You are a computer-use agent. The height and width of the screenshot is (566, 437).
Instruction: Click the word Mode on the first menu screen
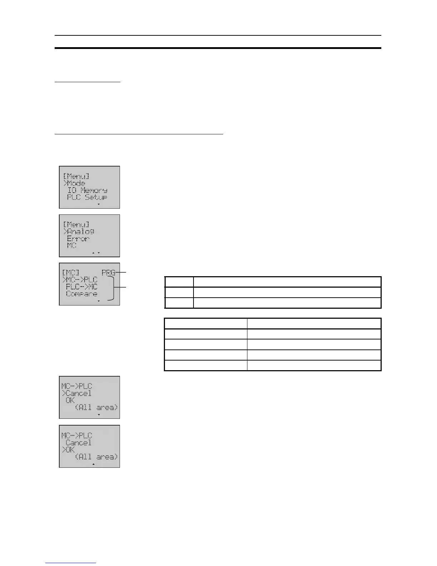pyautogui.click(x=76, y=183)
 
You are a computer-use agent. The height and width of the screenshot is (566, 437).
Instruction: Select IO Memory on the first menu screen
pyautogui.click(x=87, y=190)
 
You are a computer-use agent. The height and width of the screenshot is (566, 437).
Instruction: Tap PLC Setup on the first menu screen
pyautogui.click(x=87, y=197)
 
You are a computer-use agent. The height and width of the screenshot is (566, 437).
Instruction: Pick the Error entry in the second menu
pyautogui.click(x=78, y=239)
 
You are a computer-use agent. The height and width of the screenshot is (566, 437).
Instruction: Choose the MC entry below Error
pyautogui.click(x=71, y=246)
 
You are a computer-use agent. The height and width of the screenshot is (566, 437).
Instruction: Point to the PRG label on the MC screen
pyautogui.click(x=108, y=273)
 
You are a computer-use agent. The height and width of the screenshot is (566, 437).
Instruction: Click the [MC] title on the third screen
pyautogui.click(x=70, y=273)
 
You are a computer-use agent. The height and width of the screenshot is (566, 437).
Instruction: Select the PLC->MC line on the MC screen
pyautogui.click(x=81, y=287)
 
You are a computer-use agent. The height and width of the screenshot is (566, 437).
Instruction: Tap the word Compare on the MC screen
pyautogui.click(x=81, y=294)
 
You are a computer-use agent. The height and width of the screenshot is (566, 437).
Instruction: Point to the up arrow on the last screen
pyautogui.click(x=93, y=464)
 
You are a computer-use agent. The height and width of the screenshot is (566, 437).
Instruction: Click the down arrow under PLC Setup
pyautogui.click(x=99, y=204)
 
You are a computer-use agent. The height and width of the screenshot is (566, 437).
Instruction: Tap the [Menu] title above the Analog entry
pyautogui.click(x=76, y=225)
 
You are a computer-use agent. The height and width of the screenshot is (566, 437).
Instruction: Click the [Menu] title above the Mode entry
pyautogui.click(x=76, y=176)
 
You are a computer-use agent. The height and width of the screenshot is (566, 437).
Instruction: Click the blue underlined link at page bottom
pyautogui.click(x=71, y=563)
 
